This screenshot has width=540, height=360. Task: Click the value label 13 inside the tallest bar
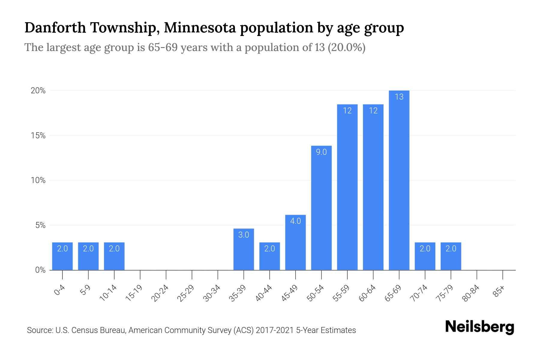pos(399,97)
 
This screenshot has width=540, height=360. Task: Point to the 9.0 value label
pos(321,152)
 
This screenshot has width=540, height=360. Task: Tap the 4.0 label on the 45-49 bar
pos(295,221)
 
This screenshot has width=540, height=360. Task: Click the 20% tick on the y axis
pos(38,91)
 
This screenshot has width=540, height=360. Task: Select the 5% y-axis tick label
pos(40,225)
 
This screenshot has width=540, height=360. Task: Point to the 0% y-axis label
pos(40,270)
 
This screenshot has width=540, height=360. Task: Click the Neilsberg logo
pos(479,327)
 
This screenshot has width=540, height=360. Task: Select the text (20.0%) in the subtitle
pos(346,48)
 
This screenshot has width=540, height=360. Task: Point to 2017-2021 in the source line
pos(274,330)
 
